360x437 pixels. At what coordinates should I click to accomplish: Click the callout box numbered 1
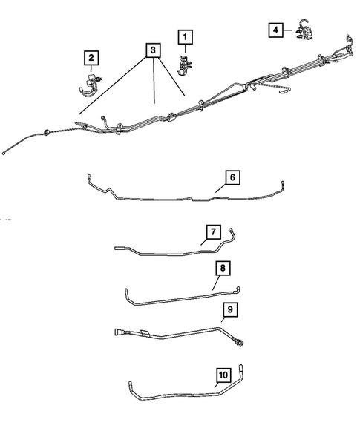pos(183,36)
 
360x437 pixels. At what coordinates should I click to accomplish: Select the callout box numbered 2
pos(91,57)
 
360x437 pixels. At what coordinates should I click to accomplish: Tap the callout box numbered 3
pos(153,50)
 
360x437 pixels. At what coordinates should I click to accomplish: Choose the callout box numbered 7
pos(212,233)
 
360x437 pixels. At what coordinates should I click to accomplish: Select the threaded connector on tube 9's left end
pos(120,332)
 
